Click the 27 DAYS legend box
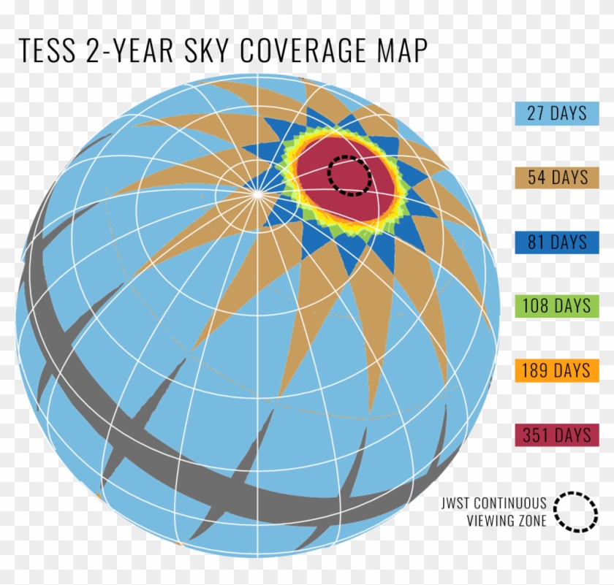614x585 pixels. tap(556, 113)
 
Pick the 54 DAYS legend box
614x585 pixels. tap(556, 177)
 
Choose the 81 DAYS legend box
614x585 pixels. tap(556, 242)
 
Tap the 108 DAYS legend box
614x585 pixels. tap(556, 305)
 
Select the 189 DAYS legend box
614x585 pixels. tap(556, 370)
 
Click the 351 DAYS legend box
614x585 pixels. tap(556, 435)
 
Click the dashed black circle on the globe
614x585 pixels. tap(349, 175)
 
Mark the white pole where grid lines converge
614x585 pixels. tap(258, 194)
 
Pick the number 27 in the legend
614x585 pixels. tap(536, 113)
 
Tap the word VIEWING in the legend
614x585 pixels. tap(490, 520)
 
